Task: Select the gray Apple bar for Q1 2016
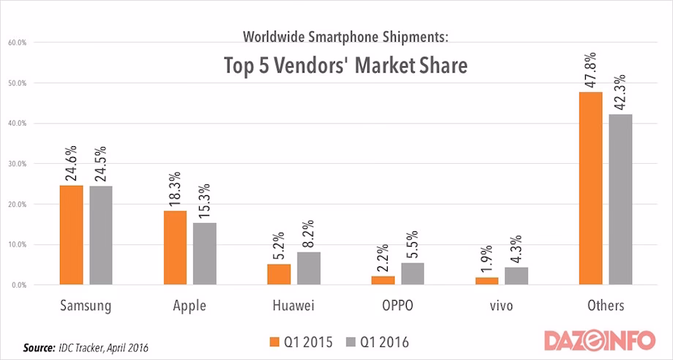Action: (205, 253)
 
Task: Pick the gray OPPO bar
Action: (413, 273)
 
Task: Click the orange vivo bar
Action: (486, 280)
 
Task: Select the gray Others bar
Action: (620, 199)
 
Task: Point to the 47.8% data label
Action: (590, 70)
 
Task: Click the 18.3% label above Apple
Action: (176, 190)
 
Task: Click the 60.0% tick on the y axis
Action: (17, 42)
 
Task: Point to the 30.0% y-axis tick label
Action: (17, 164)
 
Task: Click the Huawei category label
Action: (293, 306)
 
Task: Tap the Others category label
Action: (605, 306)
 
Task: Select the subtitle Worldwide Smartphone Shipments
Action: (345, 36)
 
